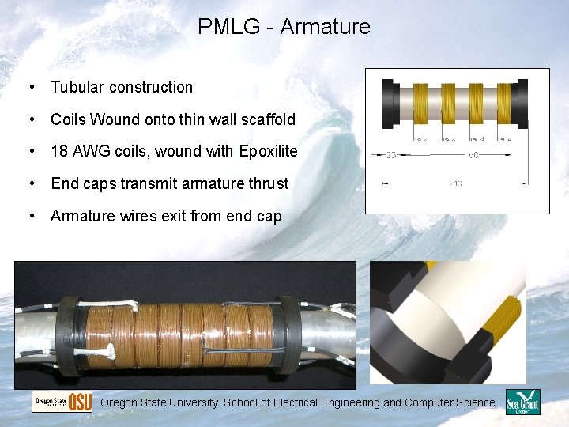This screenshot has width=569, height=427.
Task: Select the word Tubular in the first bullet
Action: tap(77, 88)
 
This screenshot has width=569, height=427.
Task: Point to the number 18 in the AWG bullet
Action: tap(59, 151)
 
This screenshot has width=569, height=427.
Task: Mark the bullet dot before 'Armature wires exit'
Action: tap(32, 216)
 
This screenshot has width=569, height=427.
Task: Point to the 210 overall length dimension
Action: tap(456, 183)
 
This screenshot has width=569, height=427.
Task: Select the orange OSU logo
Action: tap(80, 402)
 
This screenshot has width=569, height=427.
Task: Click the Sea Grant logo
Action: tap(522, 402)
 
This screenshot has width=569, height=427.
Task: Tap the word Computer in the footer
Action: tap(430, 402)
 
